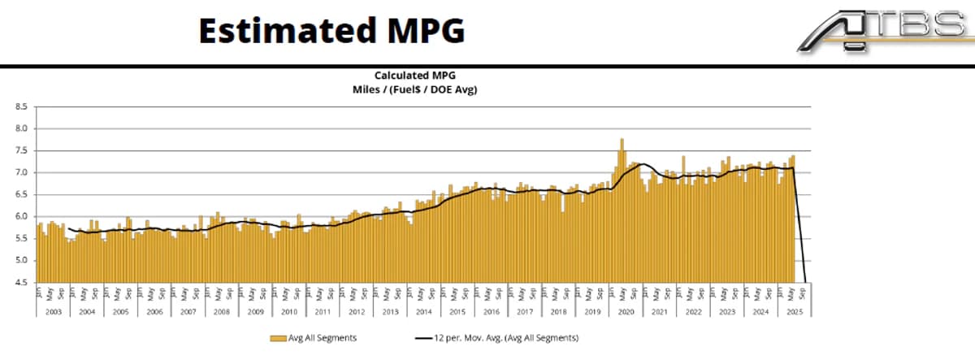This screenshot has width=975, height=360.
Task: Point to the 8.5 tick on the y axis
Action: click(x=22, y=106)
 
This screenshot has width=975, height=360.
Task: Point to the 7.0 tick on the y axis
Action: click(x=22, y=173)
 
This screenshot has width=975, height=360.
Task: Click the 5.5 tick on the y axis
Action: click(x=22, y=239)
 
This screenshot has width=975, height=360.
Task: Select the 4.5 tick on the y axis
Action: click(x=22, y=283)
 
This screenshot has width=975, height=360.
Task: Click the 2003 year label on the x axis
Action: click(x=52, y=311)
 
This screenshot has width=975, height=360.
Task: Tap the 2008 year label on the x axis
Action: click(x=222, y=311)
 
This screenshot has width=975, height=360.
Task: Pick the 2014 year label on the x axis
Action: click(x=423, y=311)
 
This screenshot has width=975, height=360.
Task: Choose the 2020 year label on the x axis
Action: click(x=626, y=311)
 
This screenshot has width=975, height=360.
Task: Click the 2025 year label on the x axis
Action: click(x=793, y=311)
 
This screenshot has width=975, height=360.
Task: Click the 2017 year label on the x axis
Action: click(x=525, y=311)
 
